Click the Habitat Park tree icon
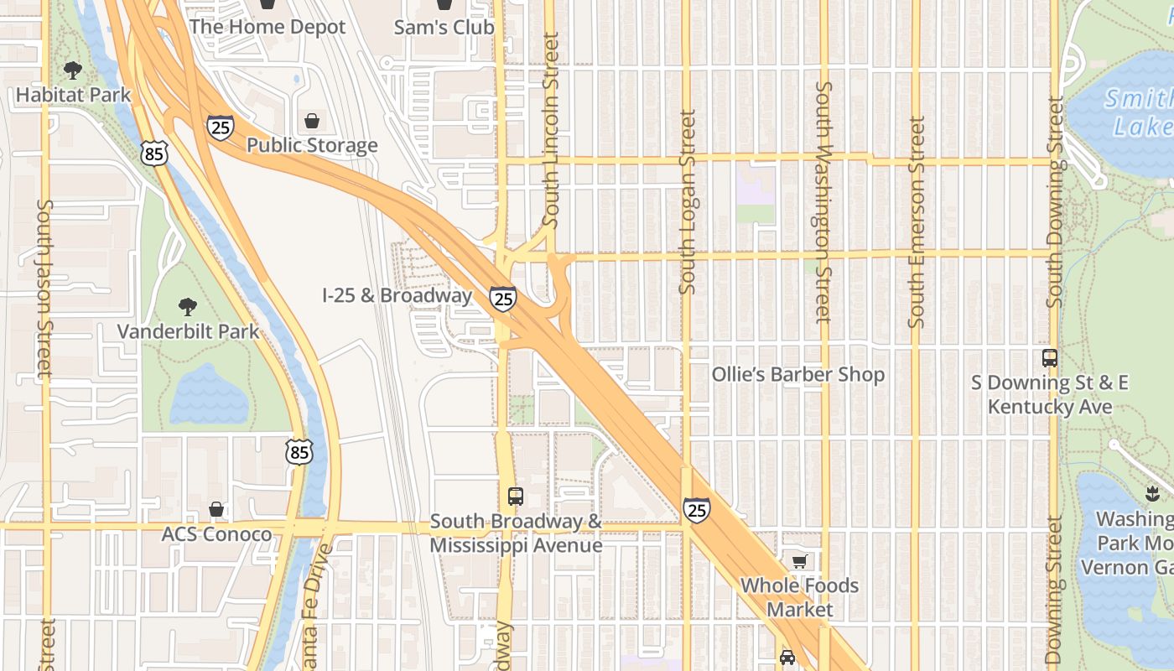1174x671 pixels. click(73, 70)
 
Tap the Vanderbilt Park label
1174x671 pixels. click(188, 331)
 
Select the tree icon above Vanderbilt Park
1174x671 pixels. click(188, 307)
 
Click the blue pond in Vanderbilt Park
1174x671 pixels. click(210, 394)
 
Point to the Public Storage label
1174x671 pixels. click(312, 145)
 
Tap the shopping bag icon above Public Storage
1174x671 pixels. click(312, 121)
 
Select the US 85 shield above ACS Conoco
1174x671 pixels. click(299, 452)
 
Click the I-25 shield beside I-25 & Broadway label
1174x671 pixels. click(503, 298)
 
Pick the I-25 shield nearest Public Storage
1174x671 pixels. click(220, 127)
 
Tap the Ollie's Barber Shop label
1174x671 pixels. click(797, 374)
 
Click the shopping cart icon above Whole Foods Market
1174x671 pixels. click(799, 561)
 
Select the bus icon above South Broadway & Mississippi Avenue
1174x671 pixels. click(515, 496)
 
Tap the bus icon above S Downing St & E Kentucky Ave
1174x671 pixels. click(1049, 358)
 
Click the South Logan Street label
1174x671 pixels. click(688, 202)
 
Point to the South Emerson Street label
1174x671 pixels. click(916, 222)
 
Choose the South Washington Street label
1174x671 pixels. click(823, 202)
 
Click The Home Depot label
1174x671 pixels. click(267, 27)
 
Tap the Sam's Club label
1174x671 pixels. click(444, 27)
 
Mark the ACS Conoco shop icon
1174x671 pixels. click(216, 509)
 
